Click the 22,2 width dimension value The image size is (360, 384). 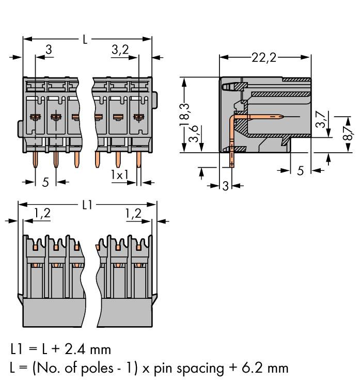point(264,57)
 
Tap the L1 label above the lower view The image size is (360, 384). point(87,205)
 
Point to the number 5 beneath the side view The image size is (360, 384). point(301,171)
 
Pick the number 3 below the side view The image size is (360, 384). point(225,186)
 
